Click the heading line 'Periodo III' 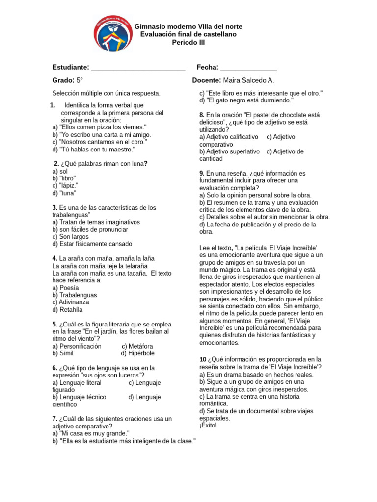coord(188,43)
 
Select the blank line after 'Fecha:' coord(248,68)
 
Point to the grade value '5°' coord(80,80)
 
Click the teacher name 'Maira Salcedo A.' coord(248,80)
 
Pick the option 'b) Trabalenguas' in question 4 coord(75,295)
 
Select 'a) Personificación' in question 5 coord(77,346)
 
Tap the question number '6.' coord(55,368)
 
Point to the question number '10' coord(203,360)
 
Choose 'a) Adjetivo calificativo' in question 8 coord(229,137)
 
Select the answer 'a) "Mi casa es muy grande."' coord(91,434)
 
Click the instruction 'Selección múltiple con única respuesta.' coord(106,93)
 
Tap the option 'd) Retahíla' coord(68,310)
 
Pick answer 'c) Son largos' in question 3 coord(70,237)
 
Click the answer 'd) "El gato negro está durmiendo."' coord(246,100)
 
